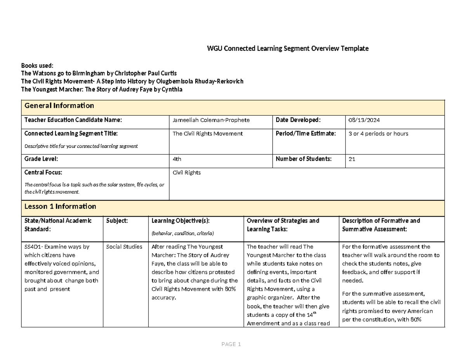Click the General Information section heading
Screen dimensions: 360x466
coord(59,106)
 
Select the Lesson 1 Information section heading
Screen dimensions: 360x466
coord(60,206)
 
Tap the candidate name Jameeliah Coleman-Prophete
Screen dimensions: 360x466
coord(211,120)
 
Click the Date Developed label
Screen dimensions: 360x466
coord(298,120)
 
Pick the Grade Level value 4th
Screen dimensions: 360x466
coord(177,159)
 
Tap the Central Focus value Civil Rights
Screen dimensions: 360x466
coord(187,172)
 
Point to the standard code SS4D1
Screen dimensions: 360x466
coord(33,247)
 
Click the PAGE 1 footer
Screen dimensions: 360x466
coord(231,344)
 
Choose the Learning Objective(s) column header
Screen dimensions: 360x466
coord(181,221)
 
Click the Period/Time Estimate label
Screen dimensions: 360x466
coord(306,133)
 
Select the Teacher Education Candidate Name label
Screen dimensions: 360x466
coord(73,120)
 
